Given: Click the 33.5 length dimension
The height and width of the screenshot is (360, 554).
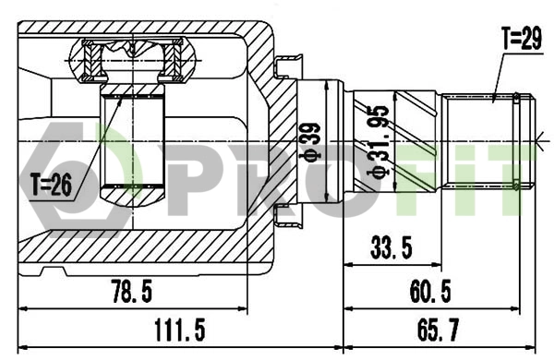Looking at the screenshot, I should [391, 246].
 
